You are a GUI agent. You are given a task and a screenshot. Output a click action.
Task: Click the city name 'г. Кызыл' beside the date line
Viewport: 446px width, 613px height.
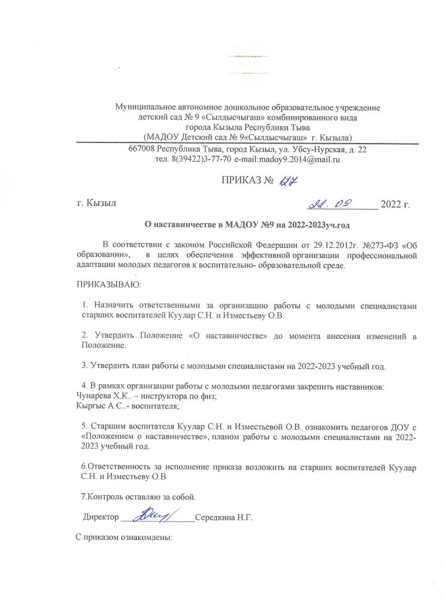pos(96,205)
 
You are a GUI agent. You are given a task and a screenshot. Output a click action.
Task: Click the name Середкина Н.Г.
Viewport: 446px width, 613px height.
pos(225,517)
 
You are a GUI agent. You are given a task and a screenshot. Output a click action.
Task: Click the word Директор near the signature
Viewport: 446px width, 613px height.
pos(101,517)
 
